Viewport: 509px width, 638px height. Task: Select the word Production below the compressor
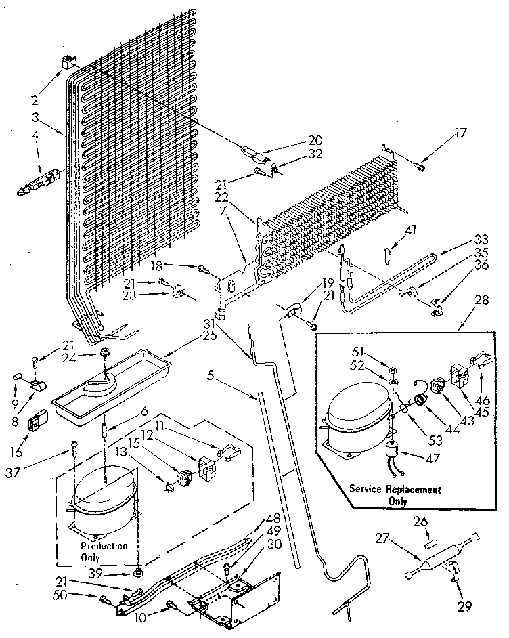(104, 545)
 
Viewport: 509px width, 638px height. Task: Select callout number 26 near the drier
(420, 522)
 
